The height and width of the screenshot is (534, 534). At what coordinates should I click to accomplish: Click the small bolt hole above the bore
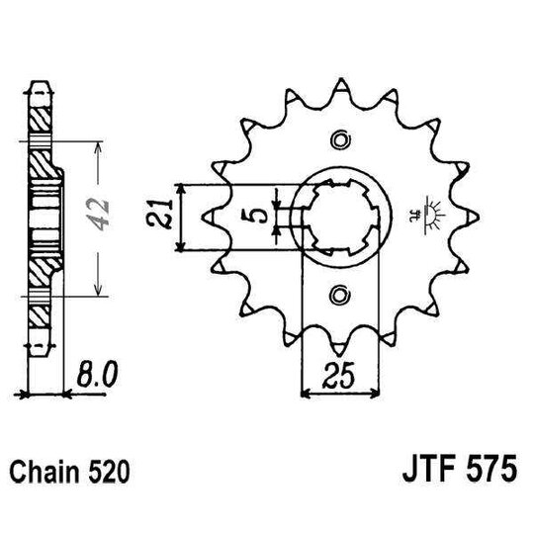(340, 136)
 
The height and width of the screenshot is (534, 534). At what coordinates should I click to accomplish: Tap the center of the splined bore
(338, 215)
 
